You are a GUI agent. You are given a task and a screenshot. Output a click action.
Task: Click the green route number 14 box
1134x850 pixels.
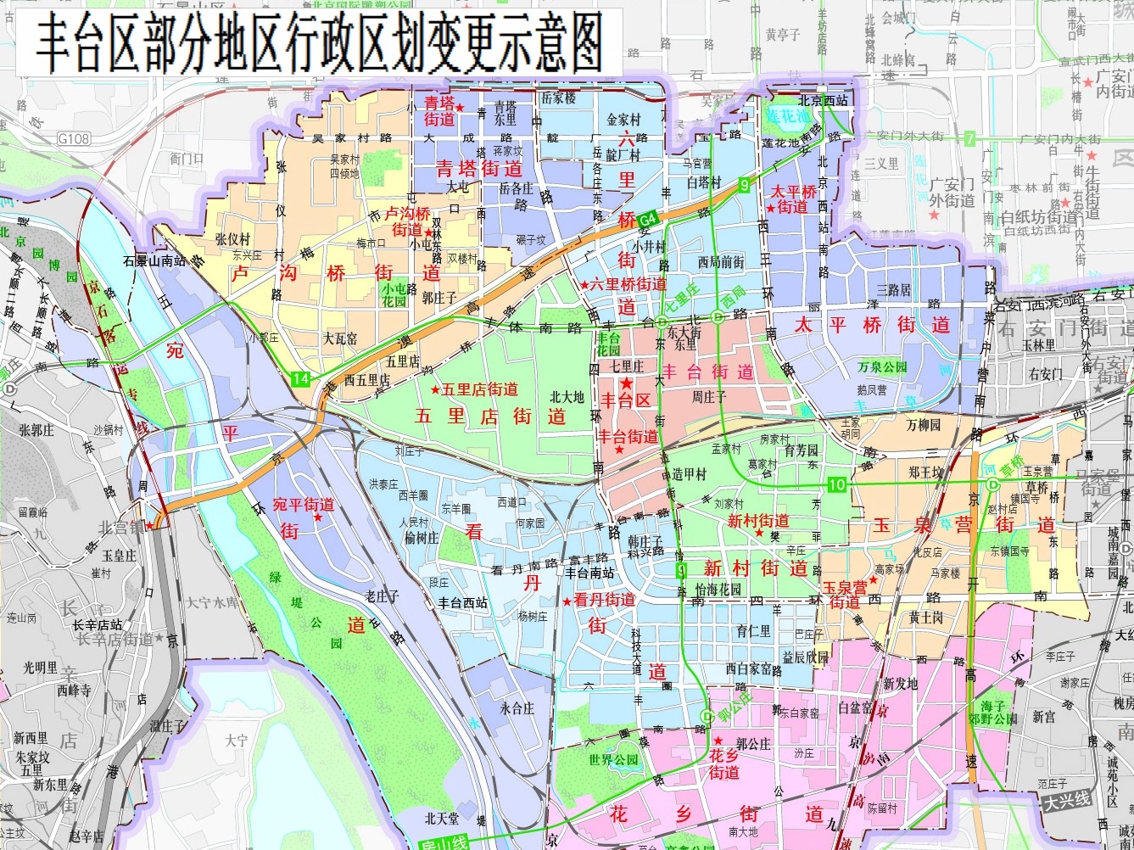[301, 379]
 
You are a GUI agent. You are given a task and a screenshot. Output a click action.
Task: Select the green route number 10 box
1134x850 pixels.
[837, 484]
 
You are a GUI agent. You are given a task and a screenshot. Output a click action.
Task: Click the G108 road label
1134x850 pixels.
[74, 138]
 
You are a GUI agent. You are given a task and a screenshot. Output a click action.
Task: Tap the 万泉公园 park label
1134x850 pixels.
[882, 367]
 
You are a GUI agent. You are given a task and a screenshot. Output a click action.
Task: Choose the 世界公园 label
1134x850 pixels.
[613, 760]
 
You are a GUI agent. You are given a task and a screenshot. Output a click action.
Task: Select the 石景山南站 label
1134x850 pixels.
[154, 260]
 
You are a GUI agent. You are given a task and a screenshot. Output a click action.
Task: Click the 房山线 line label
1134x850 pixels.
[444, 842]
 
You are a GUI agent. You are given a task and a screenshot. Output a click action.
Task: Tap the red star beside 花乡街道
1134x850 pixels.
[718, 741]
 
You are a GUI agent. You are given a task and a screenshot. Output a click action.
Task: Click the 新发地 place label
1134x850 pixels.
[900, 683]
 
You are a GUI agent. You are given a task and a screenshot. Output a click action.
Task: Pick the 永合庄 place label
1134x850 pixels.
[517, 708]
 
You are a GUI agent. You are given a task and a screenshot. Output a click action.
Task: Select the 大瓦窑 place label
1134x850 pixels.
[339, 338]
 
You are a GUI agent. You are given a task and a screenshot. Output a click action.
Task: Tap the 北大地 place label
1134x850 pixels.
[567, 396]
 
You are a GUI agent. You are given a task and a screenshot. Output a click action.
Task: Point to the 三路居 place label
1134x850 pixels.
[894, 290]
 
